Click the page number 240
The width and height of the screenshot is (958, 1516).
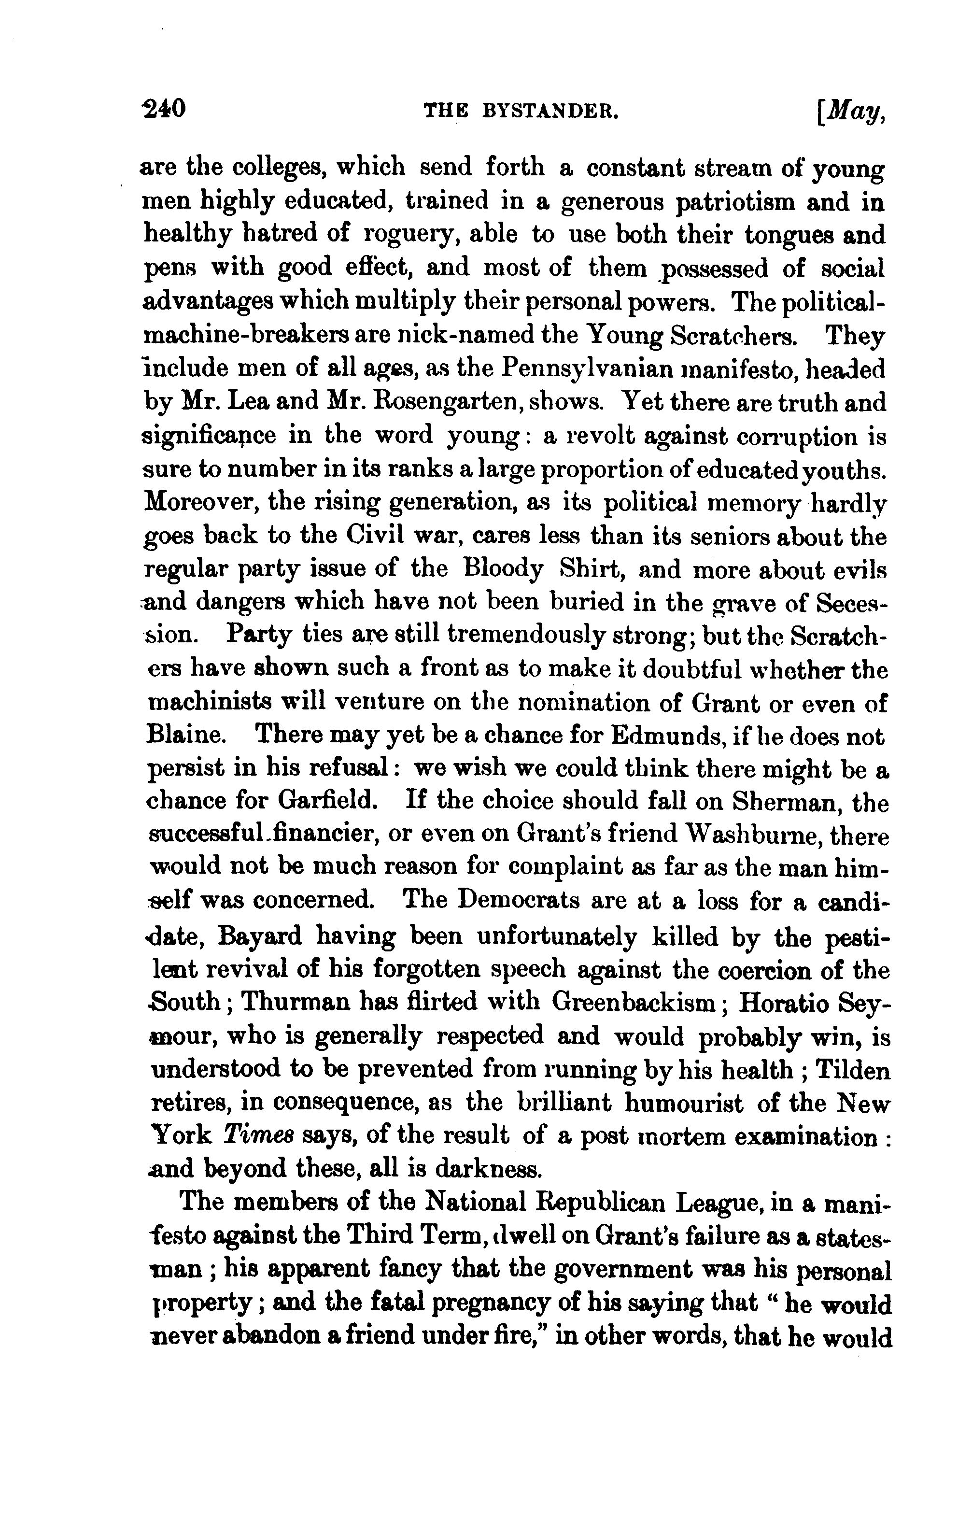[x=164, y=110]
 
